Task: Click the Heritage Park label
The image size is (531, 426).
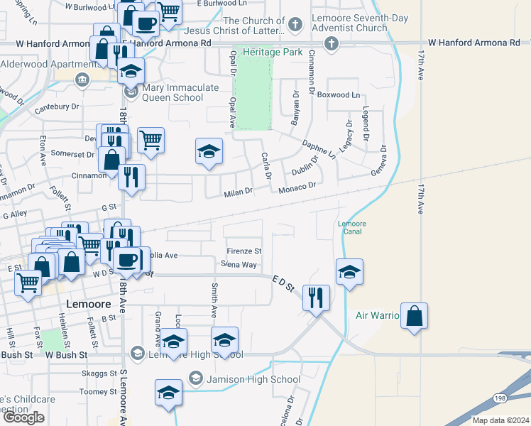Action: (x=273, y=52)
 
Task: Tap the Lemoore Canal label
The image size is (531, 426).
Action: (x=351, y=227)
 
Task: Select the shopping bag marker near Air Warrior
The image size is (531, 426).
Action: (x=415, y=317)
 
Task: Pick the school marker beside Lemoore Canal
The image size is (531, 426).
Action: (x=349, y=273)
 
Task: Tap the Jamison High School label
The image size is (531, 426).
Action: (x=253, y=379)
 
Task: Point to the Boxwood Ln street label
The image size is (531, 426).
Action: (x=339, y=94)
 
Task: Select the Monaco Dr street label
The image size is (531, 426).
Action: (x=297, y=186)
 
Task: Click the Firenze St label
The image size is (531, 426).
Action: (x=244, y=251)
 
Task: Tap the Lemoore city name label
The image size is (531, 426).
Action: (x=88, y=303)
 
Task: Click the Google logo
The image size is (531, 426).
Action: (x=24, y=417)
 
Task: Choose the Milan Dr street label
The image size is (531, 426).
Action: (x=239, y=192)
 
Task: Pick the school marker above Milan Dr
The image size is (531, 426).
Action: (x=208, y=152)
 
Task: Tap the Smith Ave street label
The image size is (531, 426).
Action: (x=213, y=299)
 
